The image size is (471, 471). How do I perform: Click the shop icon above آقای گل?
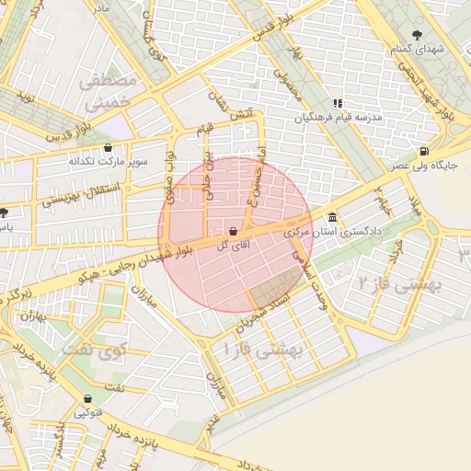233,231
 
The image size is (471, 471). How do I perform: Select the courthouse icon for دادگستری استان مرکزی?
331,218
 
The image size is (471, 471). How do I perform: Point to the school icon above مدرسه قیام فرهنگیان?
337,104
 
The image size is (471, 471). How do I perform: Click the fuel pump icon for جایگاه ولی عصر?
422,151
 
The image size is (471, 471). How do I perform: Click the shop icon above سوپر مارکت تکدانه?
109,146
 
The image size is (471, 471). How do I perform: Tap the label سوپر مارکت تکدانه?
109,161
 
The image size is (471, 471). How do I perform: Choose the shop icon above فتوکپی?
87,399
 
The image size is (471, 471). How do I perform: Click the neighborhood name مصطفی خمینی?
109,92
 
